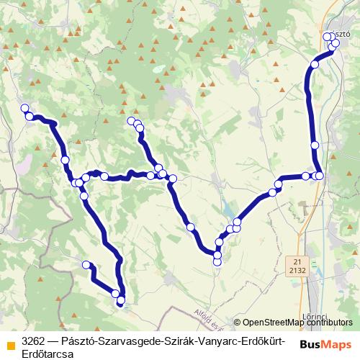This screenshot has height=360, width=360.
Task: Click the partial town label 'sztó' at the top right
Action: click(342, 35)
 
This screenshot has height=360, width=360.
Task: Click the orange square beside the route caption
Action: click(9, 344)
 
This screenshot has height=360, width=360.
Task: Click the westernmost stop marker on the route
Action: click(24, 109)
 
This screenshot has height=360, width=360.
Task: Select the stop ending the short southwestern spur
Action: click(86, 265)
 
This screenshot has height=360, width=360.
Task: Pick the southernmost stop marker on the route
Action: click(121, 300)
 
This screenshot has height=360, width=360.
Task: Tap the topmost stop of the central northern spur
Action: click(131, 120)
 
